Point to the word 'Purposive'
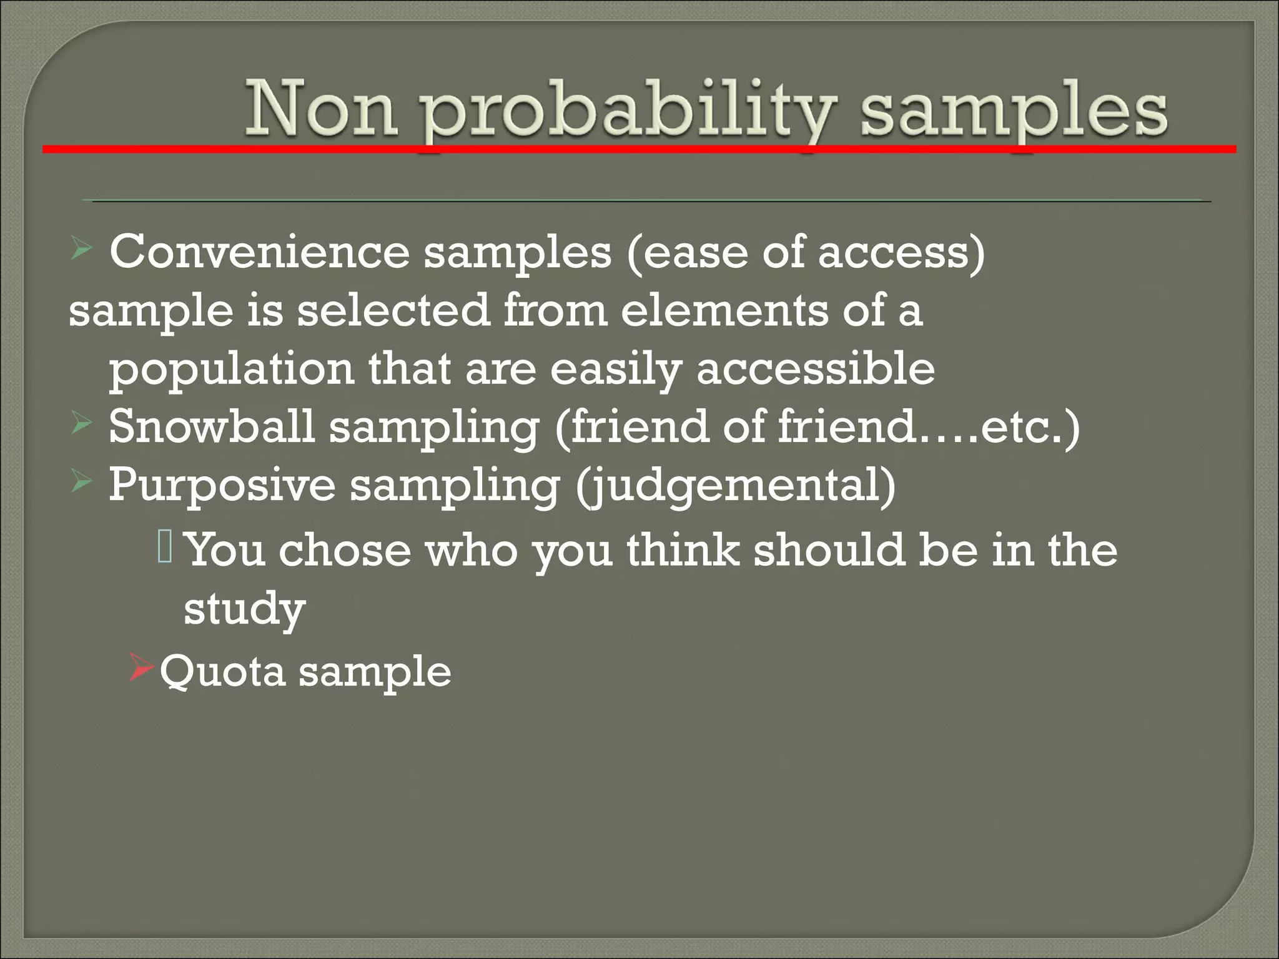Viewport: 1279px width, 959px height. (x=222, y=485)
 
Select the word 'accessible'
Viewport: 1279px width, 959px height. (x=816, y=368)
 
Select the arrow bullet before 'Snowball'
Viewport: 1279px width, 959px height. (x=82, y=425)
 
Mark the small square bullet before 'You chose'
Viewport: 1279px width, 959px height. (x=165, y=546)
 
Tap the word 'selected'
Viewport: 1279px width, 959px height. (x=393, y=310)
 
